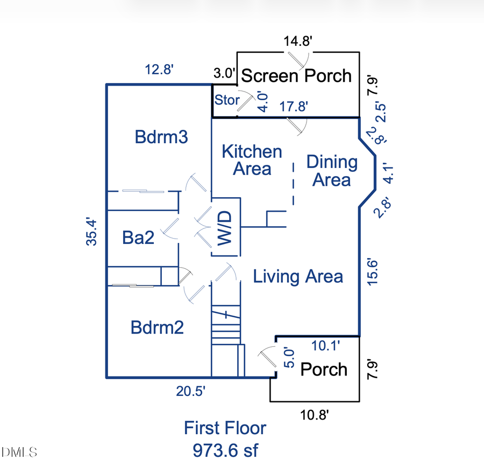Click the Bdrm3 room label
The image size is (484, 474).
(161, 137)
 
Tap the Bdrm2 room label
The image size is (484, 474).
(158, 327)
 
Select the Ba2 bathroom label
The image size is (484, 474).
(138, 238)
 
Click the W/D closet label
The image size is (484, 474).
(225, 228)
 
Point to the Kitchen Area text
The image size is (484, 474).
(252, 160)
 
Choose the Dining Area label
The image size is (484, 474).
(332, 170)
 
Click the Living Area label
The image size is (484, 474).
(298, 277)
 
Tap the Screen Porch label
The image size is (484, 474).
(296, 76)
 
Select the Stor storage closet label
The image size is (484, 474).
(227, 100)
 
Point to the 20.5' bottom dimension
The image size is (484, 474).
(191, 392)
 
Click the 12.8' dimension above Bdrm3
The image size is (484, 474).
(159, 69)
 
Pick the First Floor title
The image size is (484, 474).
(225, 428)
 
